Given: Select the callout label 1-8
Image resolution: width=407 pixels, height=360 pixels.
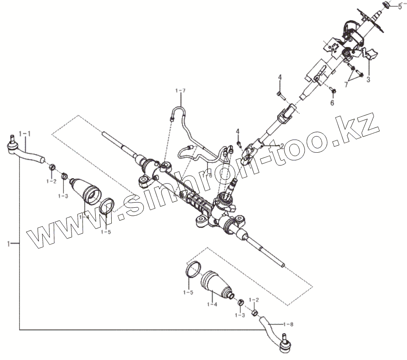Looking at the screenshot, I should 289,324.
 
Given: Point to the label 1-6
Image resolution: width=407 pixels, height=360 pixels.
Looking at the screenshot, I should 207,175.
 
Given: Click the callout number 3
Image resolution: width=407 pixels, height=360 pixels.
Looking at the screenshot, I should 368,79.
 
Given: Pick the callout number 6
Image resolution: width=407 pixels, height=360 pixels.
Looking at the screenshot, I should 332,103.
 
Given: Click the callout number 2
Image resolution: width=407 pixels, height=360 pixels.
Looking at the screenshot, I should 282,145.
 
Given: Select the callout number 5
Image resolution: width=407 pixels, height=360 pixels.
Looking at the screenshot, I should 400,6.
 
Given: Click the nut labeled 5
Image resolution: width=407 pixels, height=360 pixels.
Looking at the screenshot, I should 386,5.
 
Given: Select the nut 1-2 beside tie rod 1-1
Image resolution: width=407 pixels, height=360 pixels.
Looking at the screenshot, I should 51,168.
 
